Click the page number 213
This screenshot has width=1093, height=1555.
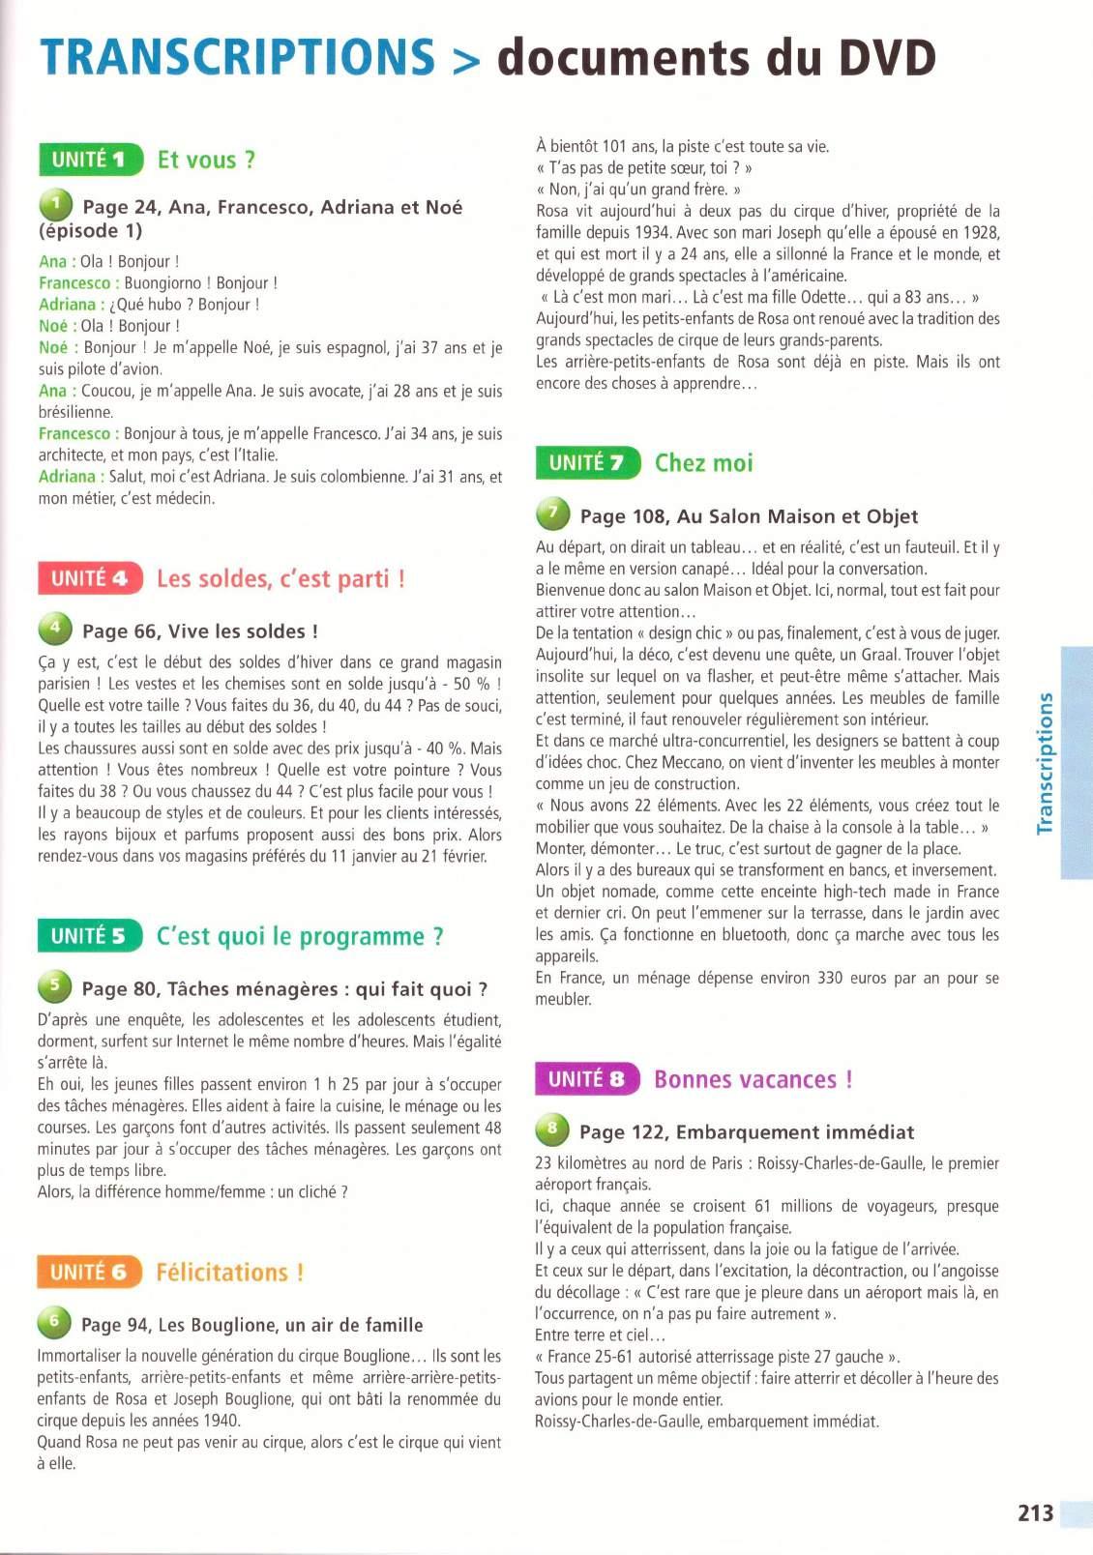[x=1035, y=1512]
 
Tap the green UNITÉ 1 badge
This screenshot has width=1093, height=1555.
[x=90, y=160]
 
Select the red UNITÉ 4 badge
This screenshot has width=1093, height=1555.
[x=90, y=578]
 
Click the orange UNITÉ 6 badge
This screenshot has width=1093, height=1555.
[x=89, y=1272]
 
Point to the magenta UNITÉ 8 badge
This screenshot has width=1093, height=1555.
[x=587, y=1079]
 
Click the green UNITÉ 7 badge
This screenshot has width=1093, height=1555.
[x=587, y=463]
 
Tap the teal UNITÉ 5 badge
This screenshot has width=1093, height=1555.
[x=89, y=936]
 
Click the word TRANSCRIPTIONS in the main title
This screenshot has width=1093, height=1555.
[x=238, y=57]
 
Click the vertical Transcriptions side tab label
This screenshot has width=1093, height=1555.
[x=1045, y=763]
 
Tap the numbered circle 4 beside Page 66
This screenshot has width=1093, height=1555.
[x=55, y=629]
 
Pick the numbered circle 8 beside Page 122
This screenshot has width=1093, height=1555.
[x=552, y=1129]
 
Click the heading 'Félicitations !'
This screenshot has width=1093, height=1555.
[x=230, y=1272]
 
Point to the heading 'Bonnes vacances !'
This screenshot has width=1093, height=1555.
[x=753, y=1079]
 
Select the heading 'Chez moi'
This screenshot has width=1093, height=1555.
[x=703, y=463]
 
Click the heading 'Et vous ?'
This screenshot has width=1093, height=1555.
[x=206, y=160]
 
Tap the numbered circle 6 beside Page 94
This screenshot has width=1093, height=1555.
[x=54, y=1321]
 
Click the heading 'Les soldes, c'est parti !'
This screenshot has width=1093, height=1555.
[x=281, y=578]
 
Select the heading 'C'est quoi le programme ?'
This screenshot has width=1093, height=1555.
[x=300, y=936]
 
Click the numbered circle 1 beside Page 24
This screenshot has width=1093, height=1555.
[x=56, y=204]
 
